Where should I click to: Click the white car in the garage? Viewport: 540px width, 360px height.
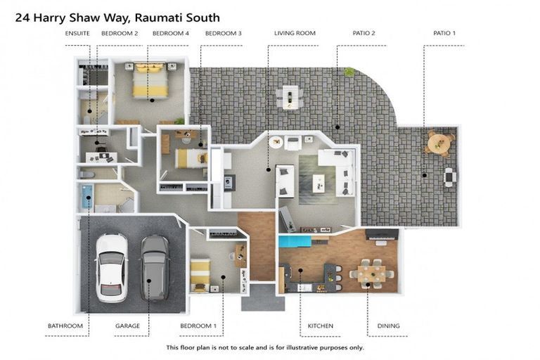click(x=111, y=266)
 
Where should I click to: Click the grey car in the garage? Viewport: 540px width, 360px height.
click(x=155, y=266)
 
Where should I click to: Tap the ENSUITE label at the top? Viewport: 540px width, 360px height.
click(x=77, y=33)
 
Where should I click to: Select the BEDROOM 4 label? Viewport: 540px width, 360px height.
click(x=171, y=33)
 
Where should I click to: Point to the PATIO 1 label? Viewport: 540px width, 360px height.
click(x=444, y=33)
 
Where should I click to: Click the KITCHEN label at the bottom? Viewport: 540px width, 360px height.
click(x=320, y=326)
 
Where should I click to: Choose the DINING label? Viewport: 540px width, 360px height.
click(x=388, y=326)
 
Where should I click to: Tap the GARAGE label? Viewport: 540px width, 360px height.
click(x=127, y=326)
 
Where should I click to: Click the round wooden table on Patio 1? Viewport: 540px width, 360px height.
click(x=439, y=143)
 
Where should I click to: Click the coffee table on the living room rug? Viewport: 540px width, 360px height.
click(x=319, y=183)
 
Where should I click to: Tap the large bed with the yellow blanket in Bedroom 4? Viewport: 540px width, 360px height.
click(x=150, y=82)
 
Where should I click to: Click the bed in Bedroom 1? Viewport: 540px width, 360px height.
click(x=200, y=273)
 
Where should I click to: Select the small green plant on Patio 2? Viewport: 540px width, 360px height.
click(x=349, y=72)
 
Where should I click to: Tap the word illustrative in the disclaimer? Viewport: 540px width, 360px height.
click(x=304, y=347)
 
